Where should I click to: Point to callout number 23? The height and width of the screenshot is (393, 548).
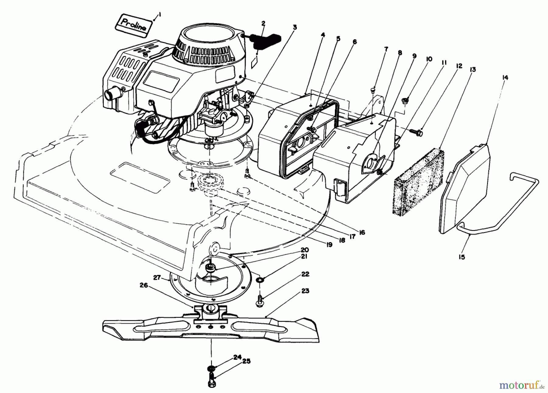click(x=305, y=291)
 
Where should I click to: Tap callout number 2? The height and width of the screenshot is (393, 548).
click(x=263, y=23)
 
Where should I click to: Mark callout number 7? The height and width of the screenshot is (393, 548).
click(x=386, y=49)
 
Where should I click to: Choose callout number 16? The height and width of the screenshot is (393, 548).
click(x=362, y=232)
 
